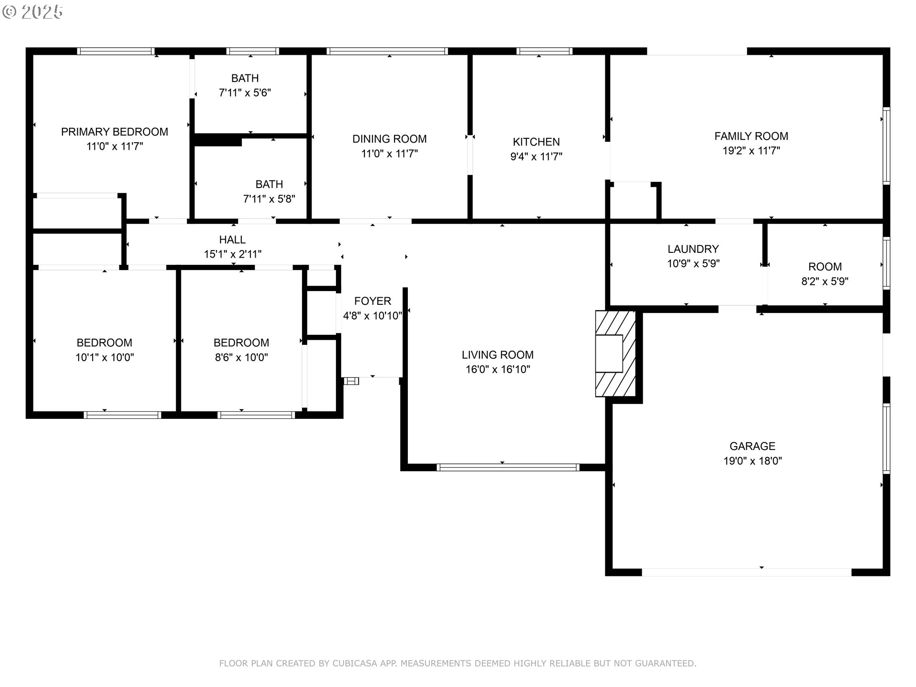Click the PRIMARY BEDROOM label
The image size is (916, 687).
[x=114, y=132]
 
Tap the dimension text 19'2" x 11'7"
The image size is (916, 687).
[x=751, y=151]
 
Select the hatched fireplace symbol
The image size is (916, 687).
[x=615, y=354]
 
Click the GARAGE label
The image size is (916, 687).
[x=752, y=446]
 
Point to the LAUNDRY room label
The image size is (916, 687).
[x=693, y=249]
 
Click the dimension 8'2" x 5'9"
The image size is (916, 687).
[x=824, y=281]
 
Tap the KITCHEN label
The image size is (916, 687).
[x=536, y=142]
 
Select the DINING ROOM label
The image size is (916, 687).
[x=389, y=139]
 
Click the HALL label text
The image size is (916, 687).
[x=232, y=239]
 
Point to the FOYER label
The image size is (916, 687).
[x=373, y=301]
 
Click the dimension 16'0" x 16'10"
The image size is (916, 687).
[x=498, y=369]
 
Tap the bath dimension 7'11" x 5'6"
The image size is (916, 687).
[x=245, y=93]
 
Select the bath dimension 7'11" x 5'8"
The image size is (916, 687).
[x=269, y=199]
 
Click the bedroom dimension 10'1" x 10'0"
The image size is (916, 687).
[x=104, y=357]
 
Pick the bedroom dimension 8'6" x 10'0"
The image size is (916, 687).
[x=241, y=357]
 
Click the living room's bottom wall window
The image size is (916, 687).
[x=508, y=468]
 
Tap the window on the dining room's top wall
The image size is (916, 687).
[x=387, y=51]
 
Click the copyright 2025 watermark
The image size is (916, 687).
[x=32, y=12]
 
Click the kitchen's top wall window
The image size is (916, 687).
[x=544, y=51]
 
